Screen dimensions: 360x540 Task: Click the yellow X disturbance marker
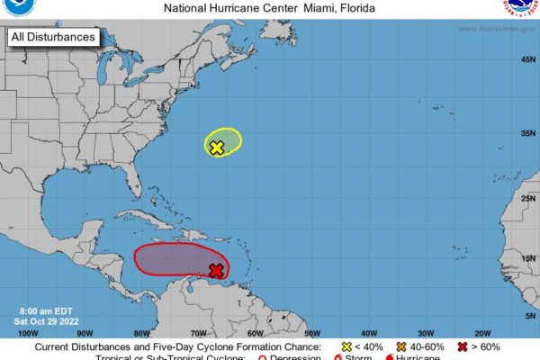point(216,148)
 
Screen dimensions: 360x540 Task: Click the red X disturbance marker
point(216,270)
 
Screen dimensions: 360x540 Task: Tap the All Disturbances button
point(53,38)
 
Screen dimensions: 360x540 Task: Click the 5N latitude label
point(528,315)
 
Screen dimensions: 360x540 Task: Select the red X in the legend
point(462,346)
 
